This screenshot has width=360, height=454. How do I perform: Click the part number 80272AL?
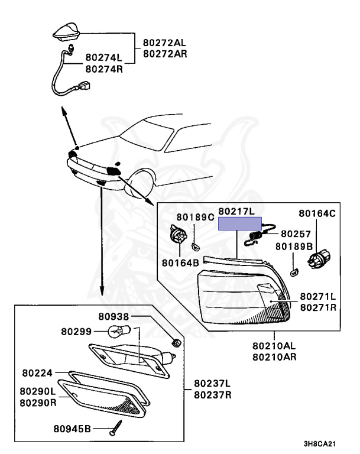(x=164, y=43)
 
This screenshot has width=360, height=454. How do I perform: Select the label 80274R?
(x=103, y=69)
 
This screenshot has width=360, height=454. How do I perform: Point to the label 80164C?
(x=316, y=213)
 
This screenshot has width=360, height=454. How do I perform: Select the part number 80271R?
(x=317, y=308)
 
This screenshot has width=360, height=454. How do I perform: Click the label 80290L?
(x=37, y=391)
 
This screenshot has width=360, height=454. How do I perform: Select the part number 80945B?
(x=70, y=428)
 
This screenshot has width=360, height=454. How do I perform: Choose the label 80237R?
(x=212, y=394)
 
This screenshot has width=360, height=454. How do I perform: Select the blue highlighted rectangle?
(x=240, y=223)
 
